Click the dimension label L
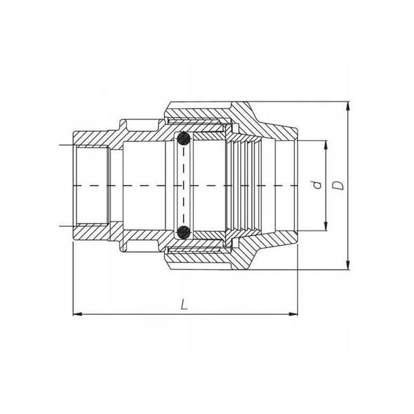pyautogui.click(x=184, y=304)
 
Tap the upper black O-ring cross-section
pyautogui.click(x=184, y=139)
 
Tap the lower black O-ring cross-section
pyautogui.click(x=184, y=232)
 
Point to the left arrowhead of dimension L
pyautogui.click(x=77, y=314)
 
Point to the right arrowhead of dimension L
pyautogui.click(x=293, y=314)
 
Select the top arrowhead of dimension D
pyautogui.click(x=348, y=106)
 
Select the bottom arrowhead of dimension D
pyautogui.click(x=348, y=265)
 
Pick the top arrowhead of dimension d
pyautogui.click(x=326, y=145)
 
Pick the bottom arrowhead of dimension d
pyautogui.click(x=326, y=226)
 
